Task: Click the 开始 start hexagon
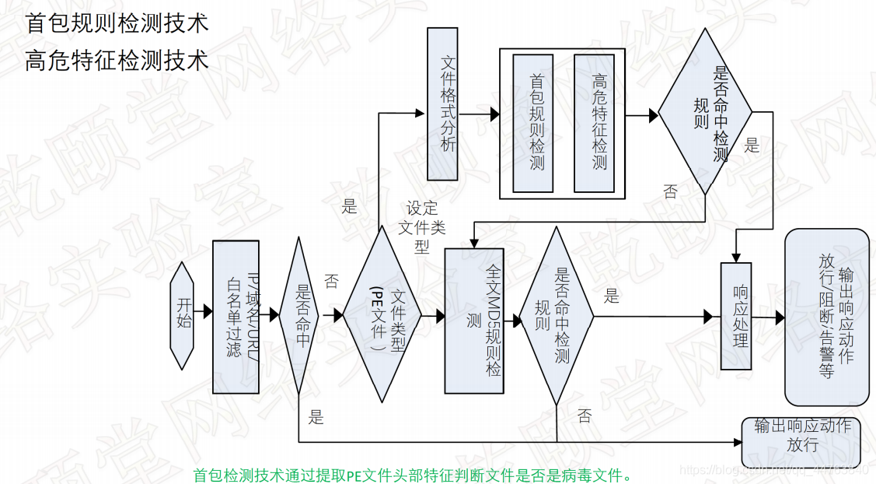tap(183, 315)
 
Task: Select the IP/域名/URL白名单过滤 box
tap(235, 317)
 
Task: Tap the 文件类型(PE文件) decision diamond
tap(382, 315)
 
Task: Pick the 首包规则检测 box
tap(532, 123)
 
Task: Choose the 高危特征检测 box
tap(594, 123)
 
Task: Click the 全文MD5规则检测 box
tap(474, 321)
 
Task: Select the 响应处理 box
tap(737, 317)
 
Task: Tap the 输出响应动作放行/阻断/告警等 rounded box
tap(827, 317)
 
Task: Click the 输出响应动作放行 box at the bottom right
tap(804, 436)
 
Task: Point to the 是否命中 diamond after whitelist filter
tap(299, 315)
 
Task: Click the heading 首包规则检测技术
tap(117, 23)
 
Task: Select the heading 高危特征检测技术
tap(117, 61)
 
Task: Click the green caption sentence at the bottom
tap(412, 474)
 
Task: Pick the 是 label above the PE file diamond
tap(349, 207)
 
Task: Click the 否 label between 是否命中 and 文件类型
tap(332, 281)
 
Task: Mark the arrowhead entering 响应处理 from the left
tap(708, 317)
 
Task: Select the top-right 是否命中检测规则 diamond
tap(704, 110)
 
